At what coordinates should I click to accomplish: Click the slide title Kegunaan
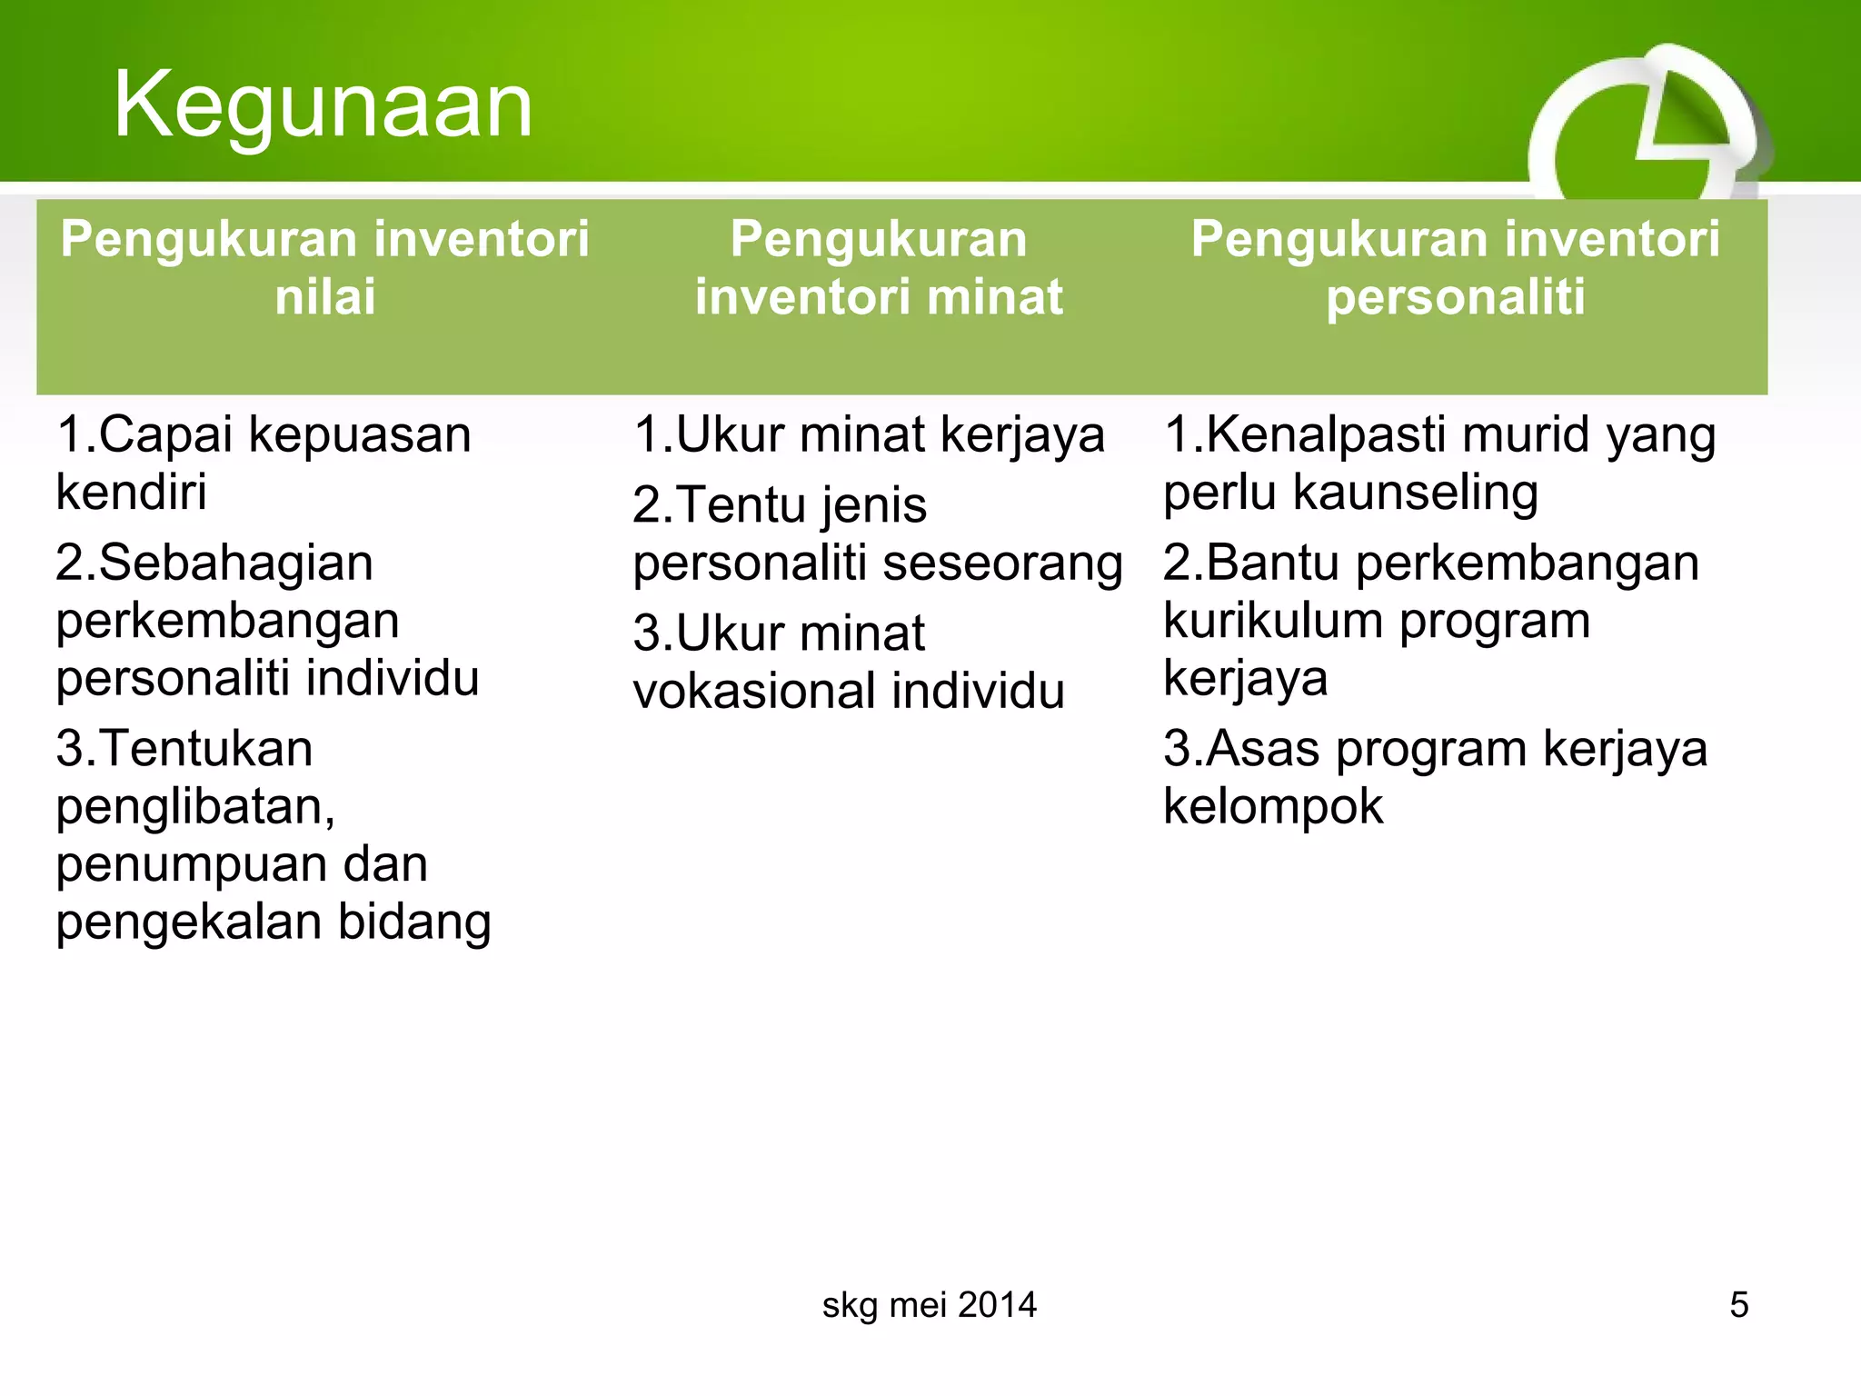click(x=323, y=105)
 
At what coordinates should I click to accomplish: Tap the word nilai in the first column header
click(x=325, y=297)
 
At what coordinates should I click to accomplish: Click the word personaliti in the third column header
click(x=1455, y=297)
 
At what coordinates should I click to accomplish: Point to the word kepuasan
click(x=360, y=435)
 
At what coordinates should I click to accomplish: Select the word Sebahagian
click(x=235, y=563)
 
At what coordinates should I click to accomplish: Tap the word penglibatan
click(x=195, y=807)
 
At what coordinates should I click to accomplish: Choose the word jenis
click(x=873, y=505)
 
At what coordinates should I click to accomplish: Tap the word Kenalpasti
click(x=1328, y=434)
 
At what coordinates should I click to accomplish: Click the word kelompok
click(x=1273, y=807)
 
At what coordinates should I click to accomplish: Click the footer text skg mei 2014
click(x=929, y=1305)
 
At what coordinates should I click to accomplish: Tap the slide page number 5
click(x=1738, y=1305)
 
